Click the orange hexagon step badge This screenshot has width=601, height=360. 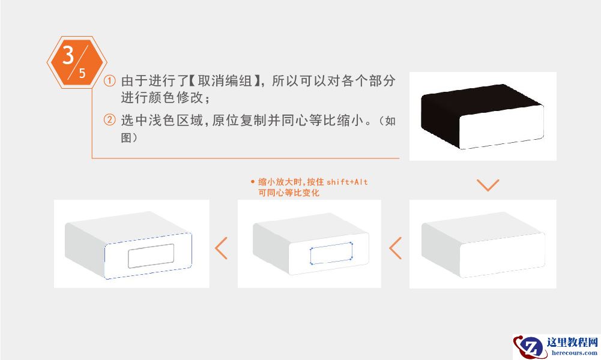(76, 62)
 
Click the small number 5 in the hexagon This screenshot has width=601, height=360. (82, 74)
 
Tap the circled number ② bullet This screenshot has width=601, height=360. (109, 120)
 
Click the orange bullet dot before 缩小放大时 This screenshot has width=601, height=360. (252, 182)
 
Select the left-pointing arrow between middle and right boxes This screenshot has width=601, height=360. (395, 248)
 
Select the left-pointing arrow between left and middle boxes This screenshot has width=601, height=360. (222, 248)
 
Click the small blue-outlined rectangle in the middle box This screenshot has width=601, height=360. (331, 254)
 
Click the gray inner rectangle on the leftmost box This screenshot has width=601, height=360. (151, 256)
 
